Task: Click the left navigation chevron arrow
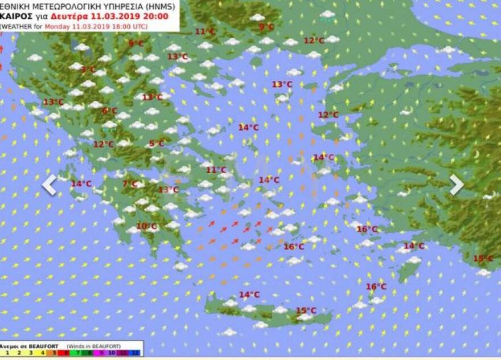(50, 185)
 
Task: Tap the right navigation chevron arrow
(456, 184)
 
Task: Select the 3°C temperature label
(88, 69)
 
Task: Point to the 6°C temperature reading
(109, 111)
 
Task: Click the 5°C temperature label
(156, 144)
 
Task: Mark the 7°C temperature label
(130, 183)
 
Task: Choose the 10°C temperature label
(146, 226)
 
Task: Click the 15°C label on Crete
(306, 310)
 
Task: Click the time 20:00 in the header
(155, 16)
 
